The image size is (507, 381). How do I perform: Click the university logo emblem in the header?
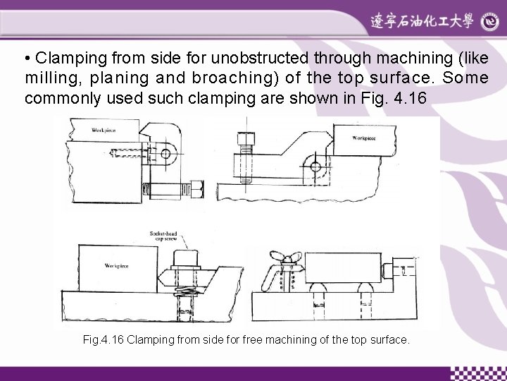coord(490,22)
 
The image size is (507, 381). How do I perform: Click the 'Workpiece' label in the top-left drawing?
coord(104,130)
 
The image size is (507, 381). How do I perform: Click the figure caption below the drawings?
coord(245,340)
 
